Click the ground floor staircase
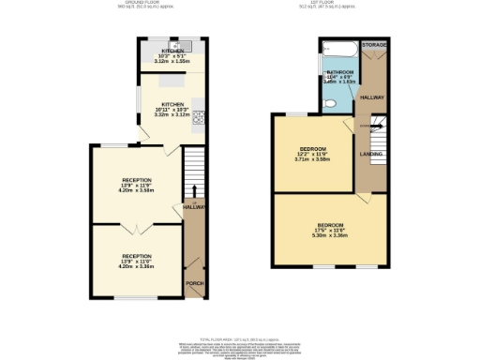193,172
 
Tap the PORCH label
194,283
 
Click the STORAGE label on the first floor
375,44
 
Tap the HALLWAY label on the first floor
374,97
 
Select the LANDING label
371,153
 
